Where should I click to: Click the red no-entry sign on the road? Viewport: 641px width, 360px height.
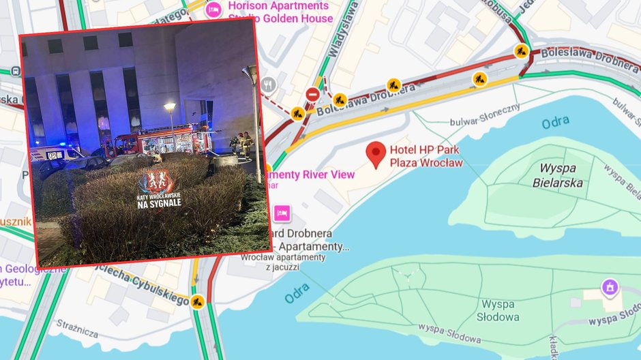pos(312,94)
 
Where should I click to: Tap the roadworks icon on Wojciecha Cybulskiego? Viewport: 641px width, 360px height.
pos(198,300)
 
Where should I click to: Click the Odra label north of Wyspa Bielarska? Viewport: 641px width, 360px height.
pos(555,123)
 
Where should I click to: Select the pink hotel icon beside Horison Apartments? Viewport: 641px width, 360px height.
pos(213,10)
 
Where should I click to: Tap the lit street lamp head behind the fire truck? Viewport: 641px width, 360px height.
pos(170,107)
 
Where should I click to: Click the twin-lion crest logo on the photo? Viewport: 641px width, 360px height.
pos(156,181)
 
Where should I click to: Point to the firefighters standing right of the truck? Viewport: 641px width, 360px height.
pos(243,143)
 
